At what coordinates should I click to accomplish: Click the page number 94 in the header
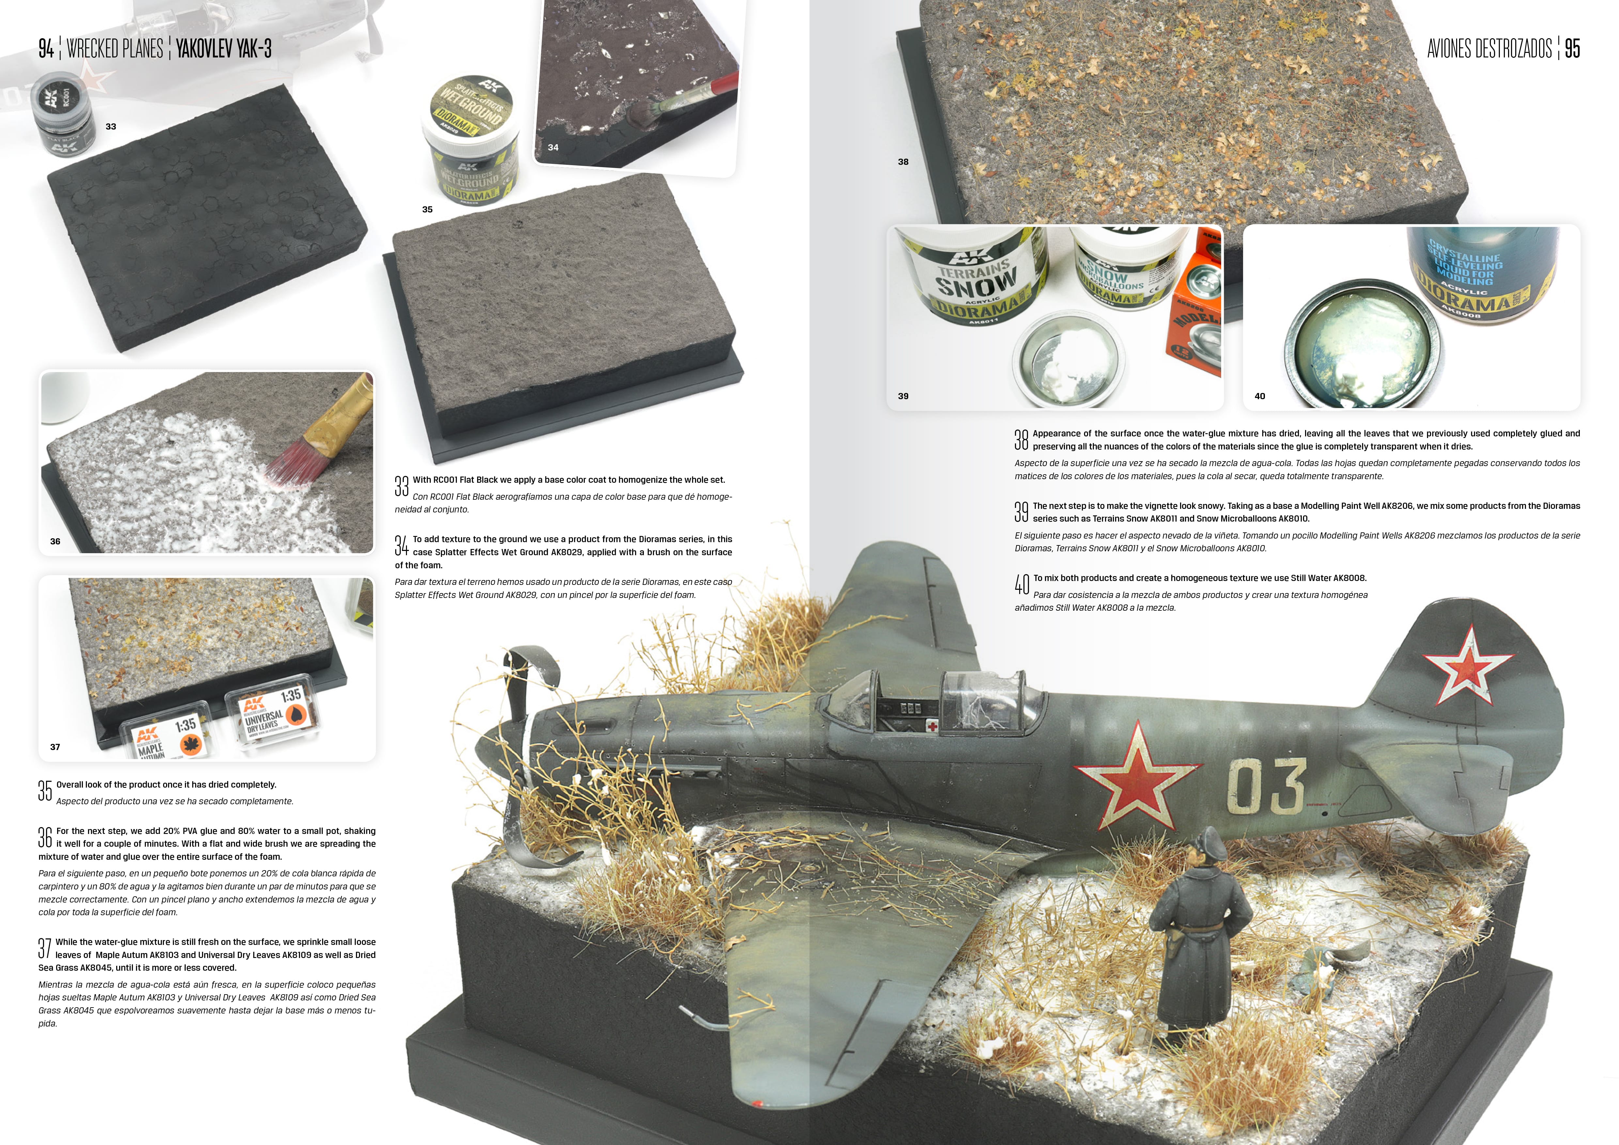[x=46, y=49]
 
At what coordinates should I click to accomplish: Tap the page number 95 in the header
[x=1572, y=49]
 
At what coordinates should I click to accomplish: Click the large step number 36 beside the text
[x=45, y=838]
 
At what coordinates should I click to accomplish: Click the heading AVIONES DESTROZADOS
[x=1489, y=49]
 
